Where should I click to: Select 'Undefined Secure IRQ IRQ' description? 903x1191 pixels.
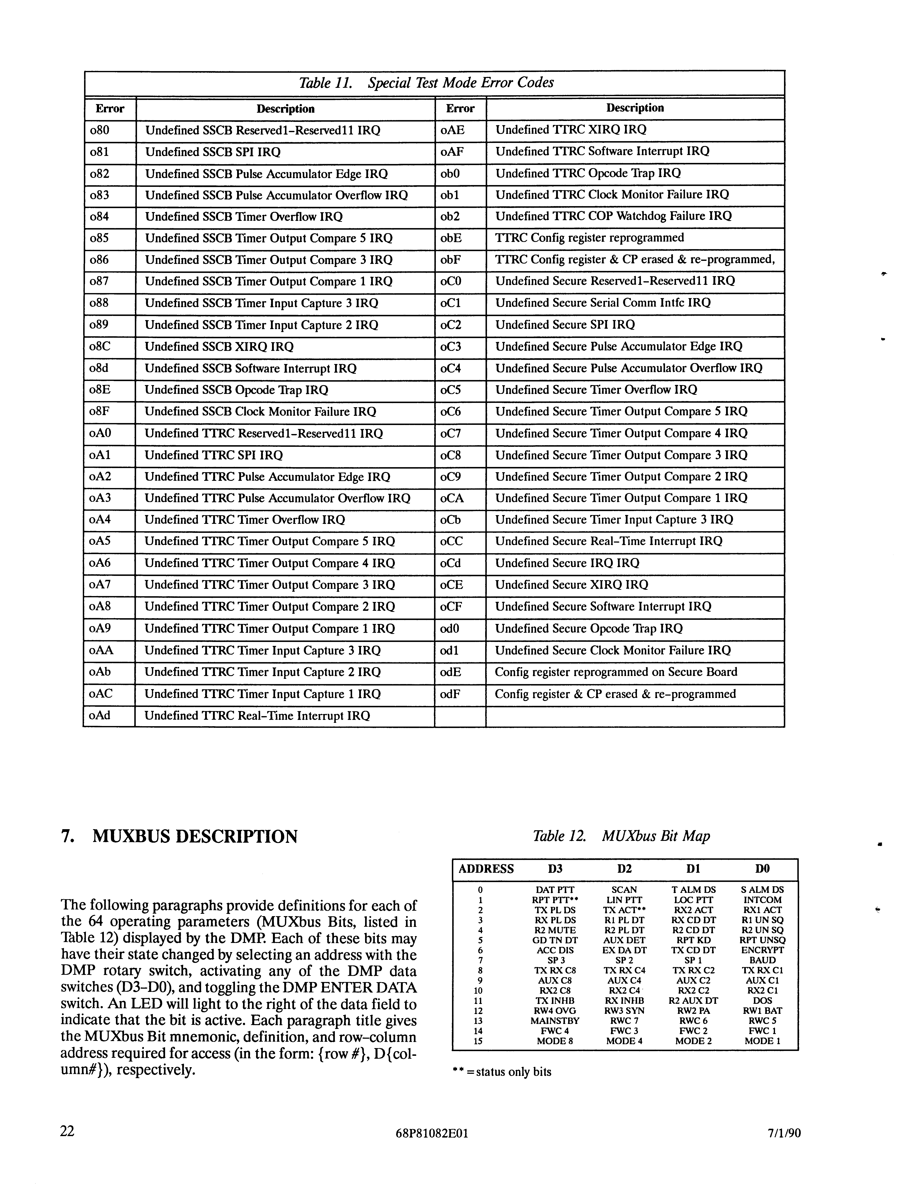567,563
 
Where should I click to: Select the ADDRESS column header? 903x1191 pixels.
486,868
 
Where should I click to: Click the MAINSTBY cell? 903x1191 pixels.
555,1021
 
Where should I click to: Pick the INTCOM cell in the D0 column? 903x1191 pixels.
762,900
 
